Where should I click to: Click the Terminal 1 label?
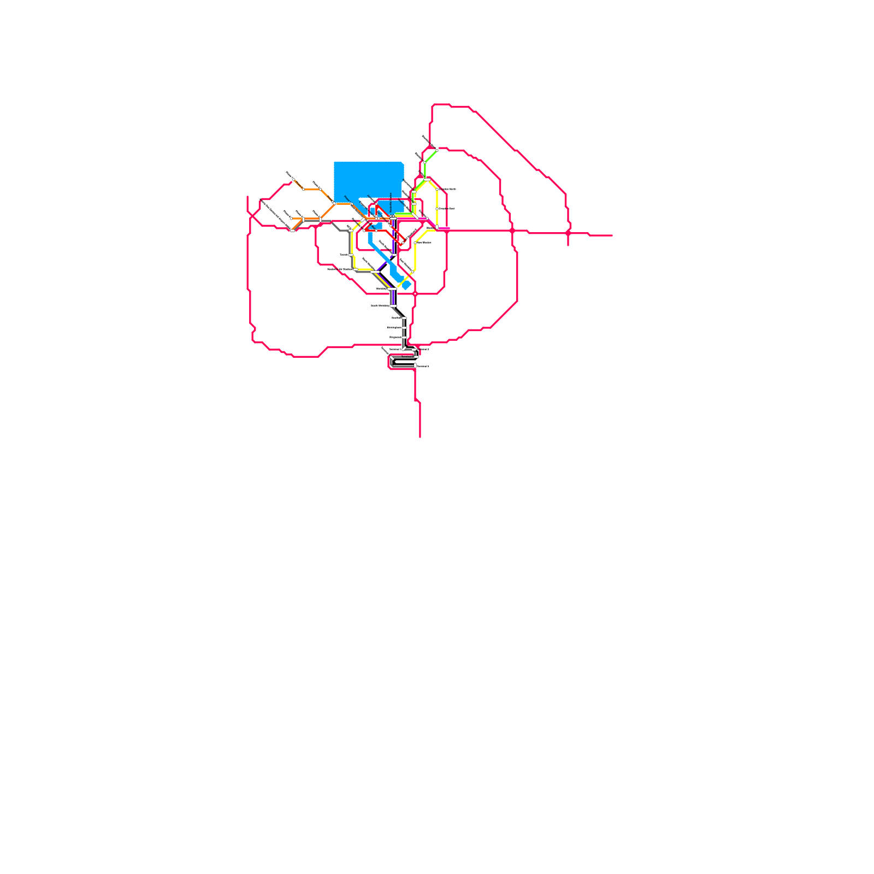(x=394, y=349)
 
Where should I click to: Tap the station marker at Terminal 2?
(x=414, y=350)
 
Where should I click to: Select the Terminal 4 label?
(x=423, y=367)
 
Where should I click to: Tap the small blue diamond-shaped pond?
(x=406, y=285)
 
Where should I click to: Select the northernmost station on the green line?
(x=436, y=150)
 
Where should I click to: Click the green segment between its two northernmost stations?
(x=430, y=156)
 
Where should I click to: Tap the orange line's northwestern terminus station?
(x=294, y=180)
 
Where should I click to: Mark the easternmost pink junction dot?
(x=568, y=233)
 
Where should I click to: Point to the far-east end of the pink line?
(x=612, y=235)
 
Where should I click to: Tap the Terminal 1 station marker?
(x=403, y=349)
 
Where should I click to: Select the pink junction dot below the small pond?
(x=415, y=294)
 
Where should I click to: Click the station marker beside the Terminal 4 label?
(x=415, y=365)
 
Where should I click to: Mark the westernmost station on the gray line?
(x=292, y=231)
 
